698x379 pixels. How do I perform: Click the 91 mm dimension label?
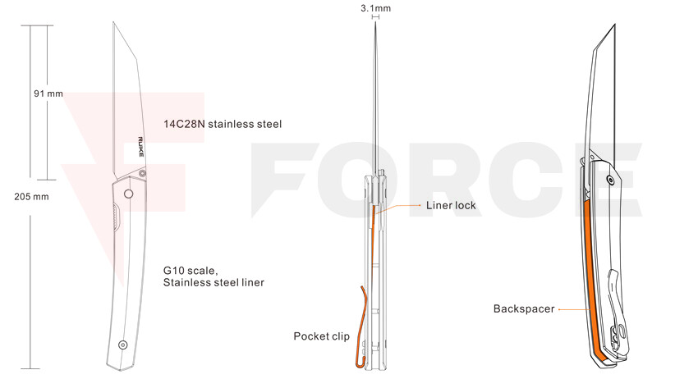(x=48, y=94)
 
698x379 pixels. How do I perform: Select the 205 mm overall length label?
(x=31, y=197)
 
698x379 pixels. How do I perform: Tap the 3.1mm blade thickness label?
(x=376, y=8)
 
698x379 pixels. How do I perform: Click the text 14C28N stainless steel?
(x=223, y=124)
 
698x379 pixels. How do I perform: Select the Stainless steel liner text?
(x=214, y=282)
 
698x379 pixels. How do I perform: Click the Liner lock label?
(x=451, y=206)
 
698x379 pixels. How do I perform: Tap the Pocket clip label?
(x=321, y=336)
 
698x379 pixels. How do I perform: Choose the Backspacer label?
(x=524, y=308)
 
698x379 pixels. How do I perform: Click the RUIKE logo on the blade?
(x=140, y=147)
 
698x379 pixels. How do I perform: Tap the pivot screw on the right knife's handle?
(x=611, y=180)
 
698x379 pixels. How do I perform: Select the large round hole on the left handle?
(x=129, y=194)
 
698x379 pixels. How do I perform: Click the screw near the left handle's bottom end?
(x=123, y=345)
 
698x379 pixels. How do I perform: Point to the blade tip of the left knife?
(x=113, y=22)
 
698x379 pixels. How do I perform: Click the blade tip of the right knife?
(x=615, y=25)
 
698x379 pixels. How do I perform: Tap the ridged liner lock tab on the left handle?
(x=116, y=217)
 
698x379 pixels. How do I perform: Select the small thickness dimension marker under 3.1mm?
(x=376, y=17)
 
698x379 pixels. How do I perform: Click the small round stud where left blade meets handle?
(x=142, y=172)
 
